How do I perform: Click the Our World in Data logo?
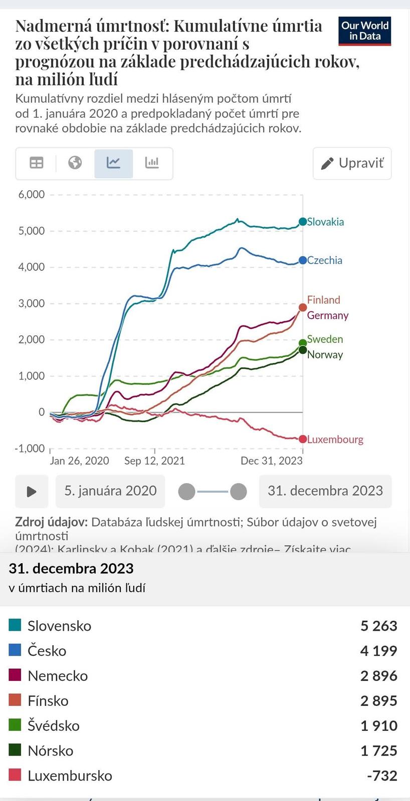tap(364, 31)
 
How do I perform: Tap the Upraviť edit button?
tap(352, 163)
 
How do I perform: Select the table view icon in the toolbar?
tap(37, 163)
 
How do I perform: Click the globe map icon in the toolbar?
tap(75, 163)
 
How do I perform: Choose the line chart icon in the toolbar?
tap(114, 163)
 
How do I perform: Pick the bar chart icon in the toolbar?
tap(152, 163)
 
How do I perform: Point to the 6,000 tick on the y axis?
tap(32, 194)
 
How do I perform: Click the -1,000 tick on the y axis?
tap(30, 448)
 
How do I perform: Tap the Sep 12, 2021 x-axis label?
tap(154, 461)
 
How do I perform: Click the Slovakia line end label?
tap(325, 222)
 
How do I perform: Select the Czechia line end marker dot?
tap(303, 260)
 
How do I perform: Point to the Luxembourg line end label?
tap(335, 440)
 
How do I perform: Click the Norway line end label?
tap(325, 355)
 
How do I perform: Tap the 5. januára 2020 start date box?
tap(110, 491)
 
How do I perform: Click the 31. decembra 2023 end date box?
tap(325, 491)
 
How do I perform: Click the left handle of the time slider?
tap(186, 492)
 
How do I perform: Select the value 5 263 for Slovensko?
tap(378, 626)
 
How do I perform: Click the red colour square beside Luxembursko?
tap(15, 775)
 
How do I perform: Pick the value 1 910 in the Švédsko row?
tap(378, 726)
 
